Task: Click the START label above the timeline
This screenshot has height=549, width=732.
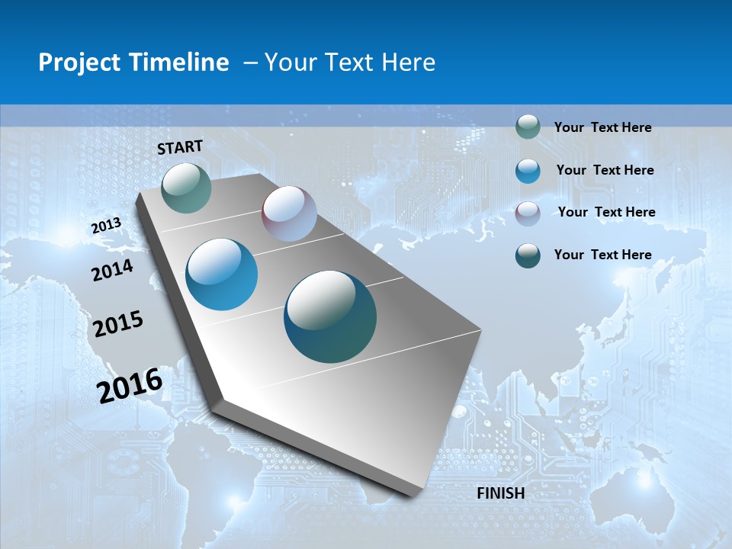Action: (180, 146)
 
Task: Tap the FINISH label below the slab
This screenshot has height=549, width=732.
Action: (500, 493)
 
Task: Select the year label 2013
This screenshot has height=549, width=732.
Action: (106, 226)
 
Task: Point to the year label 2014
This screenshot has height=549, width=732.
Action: (112, 270)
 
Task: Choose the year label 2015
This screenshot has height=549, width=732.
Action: (118, 323)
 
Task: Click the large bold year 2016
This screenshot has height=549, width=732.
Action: (130, 386)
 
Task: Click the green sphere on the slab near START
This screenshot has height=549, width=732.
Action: (186, 188)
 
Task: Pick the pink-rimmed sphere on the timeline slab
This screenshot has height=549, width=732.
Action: (289, 213)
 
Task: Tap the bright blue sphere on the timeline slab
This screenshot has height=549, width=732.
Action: (222, 274)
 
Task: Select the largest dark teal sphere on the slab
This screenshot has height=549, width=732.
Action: (330, 316)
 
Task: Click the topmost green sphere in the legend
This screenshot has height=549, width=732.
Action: (528, 127)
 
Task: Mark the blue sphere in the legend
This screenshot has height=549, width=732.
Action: (528, 171)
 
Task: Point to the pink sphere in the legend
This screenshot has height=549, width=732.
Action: (528, 213)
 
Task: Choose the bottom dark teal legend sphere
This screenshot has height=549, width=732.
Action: (528, 255)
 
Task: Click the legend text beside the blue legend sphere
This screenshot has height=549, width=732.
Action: (605, 170)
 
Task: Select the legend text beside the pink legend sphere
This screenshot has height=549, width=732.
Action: (606, 212)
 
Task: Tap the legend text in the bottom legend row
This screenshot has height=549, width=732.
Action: (602, 255)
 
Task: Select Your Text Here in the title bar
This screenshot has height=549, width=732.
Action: (350, 63)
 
